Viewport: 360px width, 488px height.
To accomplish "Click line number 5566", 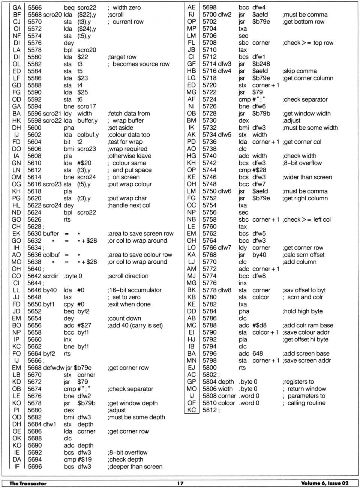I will click(34, 8).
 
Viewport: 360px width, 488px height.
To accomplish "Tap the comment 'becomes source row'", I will click(141, 64).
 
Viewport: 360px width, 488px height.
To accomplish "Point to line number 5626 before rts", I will click(34, 219).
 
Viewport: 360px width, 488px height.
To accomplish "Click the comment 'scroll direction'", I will click(128, 276).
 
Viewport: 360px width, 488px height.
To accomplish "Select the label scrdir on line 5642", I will click(51, 276).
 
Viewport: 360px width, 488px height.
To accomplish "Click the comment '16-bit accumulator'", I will click(135, 290).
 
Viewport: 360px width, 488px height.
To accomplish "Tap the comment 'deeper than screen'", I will click(135, 467).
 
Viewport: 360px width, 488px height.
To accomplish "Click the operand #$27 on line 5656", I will click(83, 325).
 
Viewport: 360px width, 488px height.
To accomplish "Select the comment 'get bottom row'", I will click(304, 22).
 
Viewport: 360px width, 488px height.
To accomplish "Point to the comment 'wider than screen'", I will click(307, 177).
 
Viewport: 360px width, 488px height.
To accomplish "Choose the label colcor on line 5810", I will click(226, 403).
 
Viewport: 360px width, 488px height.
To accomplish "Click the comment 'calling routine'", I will click(306, 403).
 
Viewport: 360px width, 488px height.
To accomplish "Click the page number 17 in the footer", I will click(180, 483).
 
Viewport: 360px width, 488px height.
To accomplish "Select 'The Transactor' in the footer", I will click(28, 483).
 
